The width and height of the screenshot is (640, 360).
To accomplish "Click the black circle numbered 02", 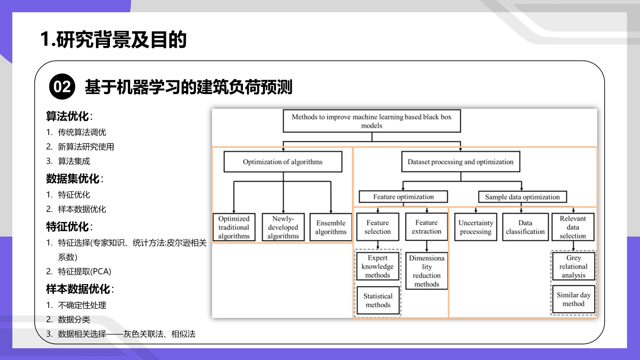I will tap(62, 87).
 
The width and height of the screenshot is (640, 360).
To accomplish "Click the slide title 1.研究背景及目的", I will tap(113, 39).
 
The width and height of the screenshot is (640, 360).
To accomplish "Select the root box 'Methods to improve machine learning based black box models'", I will tap(372, 121).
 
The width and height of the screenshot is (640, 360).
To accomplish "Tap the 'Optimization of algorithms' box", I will tap(283, 162).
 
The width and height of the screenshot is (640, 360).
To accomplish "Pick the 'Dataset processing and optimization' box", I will tap(460, 162).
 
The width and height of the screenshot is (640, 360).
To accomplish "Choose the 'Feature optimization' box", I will tap(403, 197).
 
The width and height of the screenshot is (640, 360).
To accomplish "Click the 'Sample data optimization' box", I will tap(522, 197).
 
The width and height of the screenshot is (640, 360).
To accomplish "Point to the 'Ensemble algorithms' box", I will tap(331, 227).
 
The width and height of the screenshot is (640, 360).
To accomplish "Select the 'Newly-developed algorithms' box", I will tap(283, 227).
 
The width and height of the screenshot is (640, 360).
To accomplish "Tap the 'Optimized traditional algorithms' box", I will tap(234, 227).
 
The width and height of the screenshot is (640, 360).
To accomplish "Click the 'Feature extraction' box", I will tap(426, 227).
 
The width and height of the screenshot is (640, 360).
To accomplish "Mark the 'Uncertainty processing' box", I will tap(476, 227).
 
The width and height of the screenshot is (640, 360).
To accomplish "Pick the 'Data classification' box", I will tap(525, 227).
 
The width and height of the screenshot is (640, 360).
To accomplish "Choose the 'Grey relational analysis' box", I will tap(573, 266).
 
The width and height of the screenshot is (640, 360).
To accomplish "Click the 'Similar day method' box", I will tap(573, 299).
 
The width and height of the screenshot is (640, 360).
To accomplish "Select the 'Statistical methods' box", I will tap(378, 300).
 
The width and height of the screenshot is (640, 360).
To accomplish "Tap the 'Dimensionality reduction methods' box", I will tap(427, 271).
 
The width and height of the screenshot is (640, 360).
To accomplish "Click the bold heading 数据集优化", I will tap(73, 179).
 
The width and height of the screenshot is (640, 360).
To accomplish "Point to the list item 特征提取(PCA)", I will tap(84, 271).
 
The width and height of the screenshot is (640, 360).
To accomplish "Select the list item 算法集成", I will tap(74, 161).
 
